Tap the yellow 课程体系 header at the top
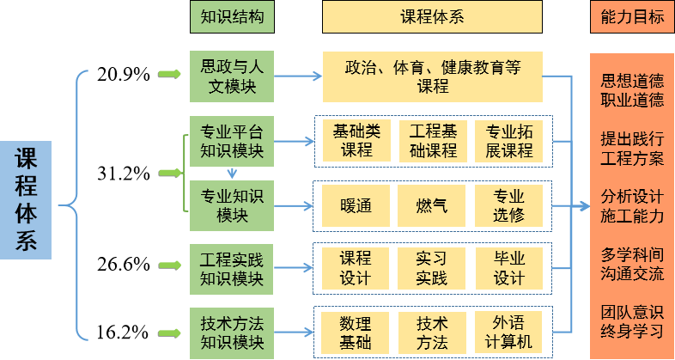tap(432, 16)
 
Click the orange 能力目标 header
tap(632, 16)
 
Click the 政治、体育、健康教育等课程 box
tap(433, 76)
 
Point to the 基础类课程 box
tap(356, 140)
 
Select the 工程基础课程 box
tap(431, 140)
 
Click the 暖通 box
tap(356, 206)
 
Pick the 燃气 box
tap(431, 206)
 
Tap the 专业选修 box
tap(508, 206)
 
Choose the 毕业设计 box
tap(508, 268)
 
